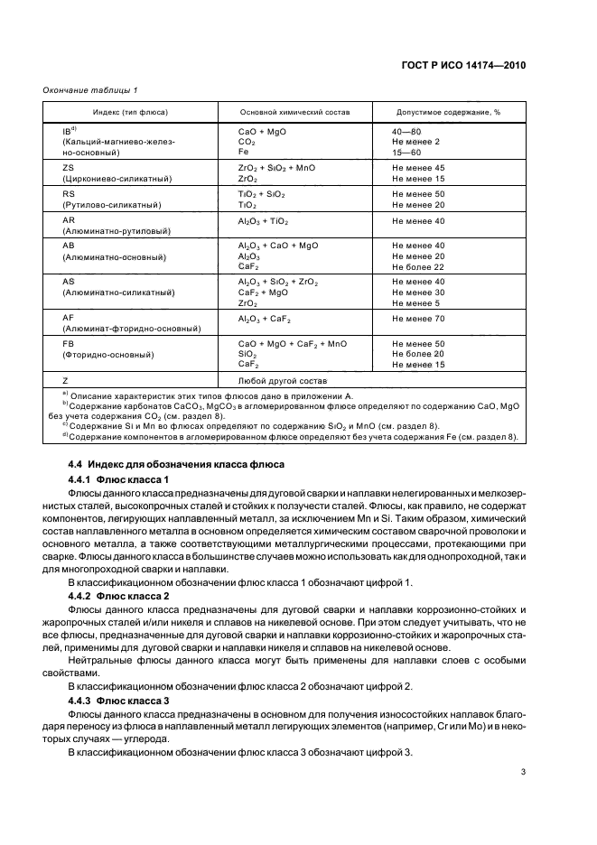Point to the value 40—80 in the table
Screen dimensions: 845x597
[x=406, y=131]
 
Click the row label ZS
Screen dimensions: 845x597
[x=69, y=168]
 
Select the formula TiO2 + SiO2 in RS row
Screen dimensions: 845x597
[x=261, y=194]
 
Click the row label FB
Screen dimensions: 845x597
[x=69, y=344]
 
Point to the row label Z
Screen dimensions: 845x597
[x=65, y=381]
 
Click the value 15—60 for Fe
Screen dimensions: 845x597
[x=406, y=153]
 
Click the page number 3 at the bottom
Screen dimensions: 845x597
[x=524, y=772]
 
